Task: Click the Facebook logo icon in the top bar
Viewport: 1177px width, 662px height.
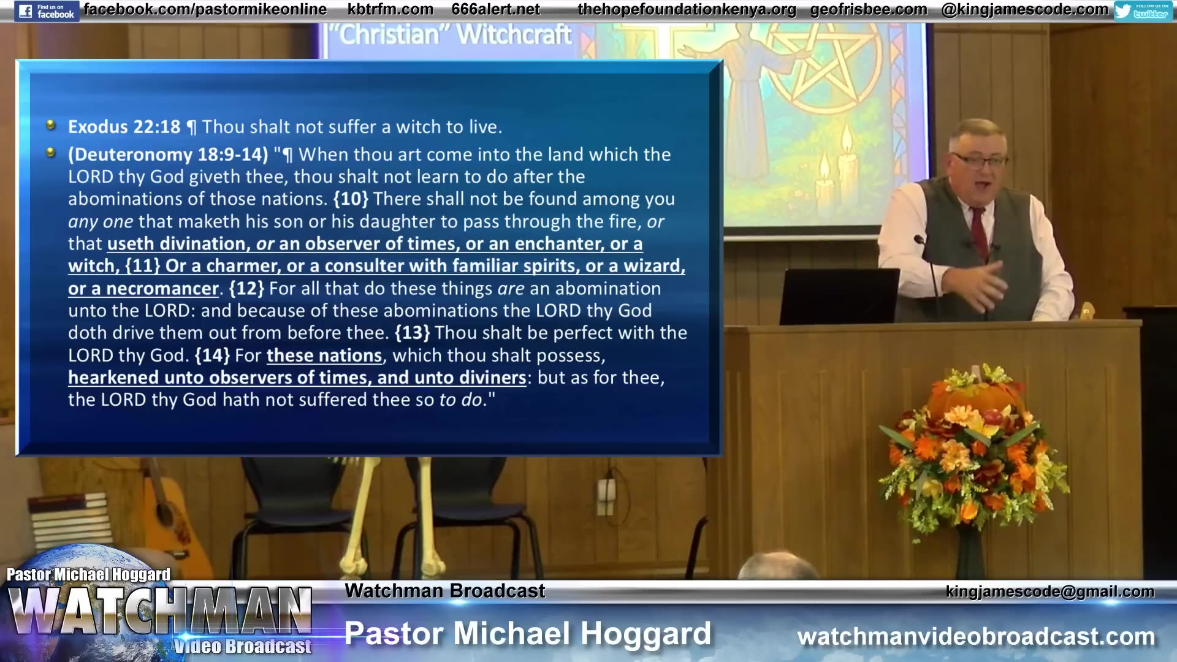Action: (x=25, y=11)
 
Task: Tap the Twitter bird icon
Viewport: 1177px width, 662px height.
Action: (x=1123, y=10)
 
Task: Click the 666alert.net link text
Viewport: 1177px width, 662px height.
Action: (x=495, y=10)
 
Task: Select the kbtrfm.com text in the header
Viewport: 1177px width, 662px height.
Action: (x=390, y=10)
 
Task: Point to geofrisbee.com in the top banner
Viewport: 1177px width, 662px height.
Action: (x=868, y=10)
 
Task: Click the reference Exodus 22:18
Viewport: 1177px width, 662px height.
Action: (x=124, y=127)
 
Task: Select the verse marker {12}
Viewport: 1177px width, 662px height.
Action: (x=246, y=288)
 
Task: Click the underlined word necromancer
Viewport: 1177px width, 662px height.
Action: (x=162, y=289)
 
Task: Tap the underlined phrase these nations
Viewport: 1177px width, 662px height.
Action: (x=324, y=356)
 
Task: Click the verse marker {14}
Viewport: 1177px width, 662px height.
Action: (x=212, y=356)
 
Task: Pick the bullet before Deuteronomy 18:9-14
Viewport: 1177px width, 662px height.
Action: (x=51, y=152)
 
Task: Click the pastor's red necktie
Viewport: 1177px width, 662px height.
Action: (x=979, y=233)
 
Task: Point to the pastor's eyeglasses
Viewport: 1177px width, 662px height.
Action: (x=981, y=161)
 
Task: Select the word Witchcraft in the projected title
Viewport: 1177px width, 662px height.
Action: (x=514, y=35)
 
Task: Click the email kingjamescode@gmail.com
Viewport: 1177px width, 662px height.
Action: (x=1049, y=592)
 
